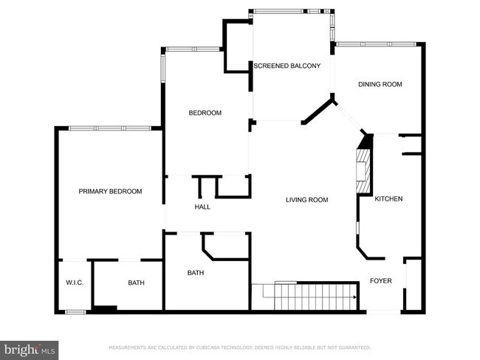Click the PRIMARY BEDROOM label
pos(110,191)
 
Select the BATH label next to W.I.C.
pos(136,283)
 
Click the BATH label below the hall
pos(195,273)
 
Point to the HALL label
pos(202,207)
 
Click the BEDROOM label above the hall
pos(205,113)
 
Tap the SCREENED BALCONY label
pos(287,66)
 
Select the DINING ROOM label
pos(380,84)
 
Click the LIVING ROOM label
pos(307,200)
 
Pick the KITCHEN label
pos(388,199)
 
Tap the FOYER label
pos(381,281)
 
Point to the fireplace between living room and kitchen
pos(363,170)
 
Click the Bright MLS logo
pos(30,347)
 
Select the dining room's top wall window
pos(377,44)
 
